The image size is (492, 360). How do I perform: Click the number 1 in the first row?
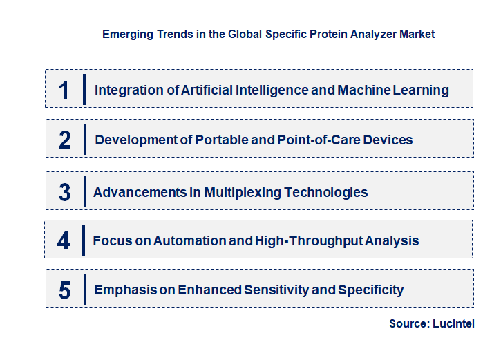point(64,90)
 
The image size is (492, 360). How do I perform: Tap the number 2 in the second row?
point(65,140)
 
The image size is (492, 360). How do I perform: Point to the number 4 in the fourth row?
point(64,241)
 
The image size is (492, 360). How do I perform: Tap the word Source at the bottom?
point(407,323)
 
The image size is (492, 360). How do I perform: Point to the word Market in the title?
point(417,33)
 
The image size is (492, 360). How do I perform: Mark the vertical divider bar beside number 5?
point(84,289)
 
